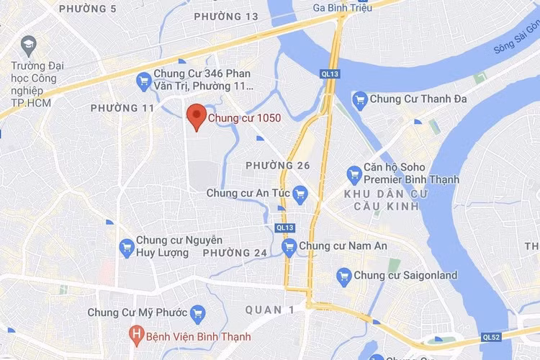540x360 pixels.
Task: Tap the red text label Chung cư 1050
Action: pyautogui.click(x=244, y=117)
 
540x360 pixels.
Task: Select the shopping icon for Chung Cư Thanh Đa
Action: pyautogui.click(x=359, y=99)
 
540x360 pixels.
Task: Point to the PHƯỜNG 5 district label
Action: pyautogui.click(x=87, y=9)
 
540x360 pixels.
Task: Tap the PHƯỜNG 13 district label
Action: pyautogui.click(x=226, y=16)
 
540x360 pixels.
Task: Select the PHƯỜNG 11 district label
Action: pyautogui.click(x=122, y=108)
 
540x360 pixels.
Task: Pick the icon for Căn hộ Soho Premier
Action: pyautogui.click(x=354, y=174)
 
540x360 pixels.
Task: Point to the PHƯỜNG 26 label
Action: pyautogui.click(x=277, y=166)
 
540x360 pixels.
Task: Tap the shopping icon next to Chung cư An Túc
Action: pyautogui.click(x=300, y=193)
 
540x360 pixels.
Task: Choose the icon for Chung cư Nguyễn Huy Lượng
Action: pyautogui.click(x=127, y=246)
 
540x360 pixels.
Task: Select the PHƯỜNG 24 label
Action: pyautogui.click(x=235, y=253)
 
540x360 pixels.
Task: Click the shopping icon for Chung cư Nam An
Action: pyautogui.click(x=289, y=247)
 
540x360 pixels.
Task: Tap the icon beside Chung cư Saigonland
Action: pyautogui.click(x=344, y=275)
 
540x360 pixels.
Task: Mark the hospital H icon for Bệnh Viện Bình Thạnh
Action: pyautogui.click(x=135, y=336)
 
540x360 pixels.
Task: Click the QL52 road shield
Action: pyautogui.click(x=491, y=337)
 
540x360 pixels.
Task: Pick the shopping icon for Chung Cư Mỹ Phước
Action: pyautogui.click(x=198, y=313)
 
